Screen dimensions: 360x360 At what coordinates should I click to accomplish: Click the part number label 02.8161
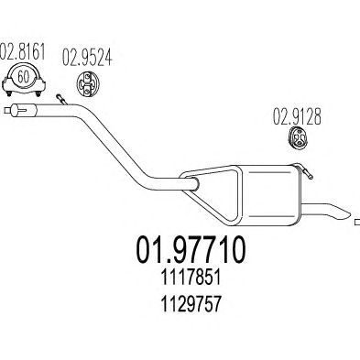23,52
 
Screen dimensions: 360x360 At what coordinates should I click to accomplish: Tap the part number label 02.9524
87,58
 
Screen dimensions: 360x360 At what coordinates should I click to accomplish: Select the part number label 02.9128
297,116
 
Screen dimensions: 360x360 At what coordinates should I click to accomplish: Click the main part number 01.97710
191,249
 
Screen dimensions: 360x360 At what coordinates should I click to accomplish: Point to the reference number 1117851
191,278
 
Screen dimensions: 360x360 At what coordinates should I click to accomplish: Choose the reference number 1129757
191,304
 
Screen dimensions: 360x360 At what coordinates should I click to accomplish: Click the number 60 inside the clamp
24,77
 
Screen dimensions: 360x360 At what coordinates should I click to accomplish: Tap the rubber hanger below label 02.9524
89,82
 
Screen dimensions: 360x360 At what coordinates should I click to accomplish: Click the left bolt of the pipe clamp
8,93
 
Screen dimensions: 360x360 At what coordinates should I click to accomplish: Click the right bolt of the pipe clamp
38,93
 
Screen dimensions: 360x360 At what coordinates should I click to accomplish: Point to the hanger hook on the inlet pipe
61,99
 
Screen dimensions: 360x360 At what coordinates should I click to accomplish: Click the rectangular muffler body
268,195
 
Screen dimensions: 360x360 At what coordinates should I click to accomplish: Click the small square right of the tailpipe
357,223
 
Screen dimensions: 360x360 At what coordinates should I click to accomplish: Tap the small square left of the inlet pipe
7,110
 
